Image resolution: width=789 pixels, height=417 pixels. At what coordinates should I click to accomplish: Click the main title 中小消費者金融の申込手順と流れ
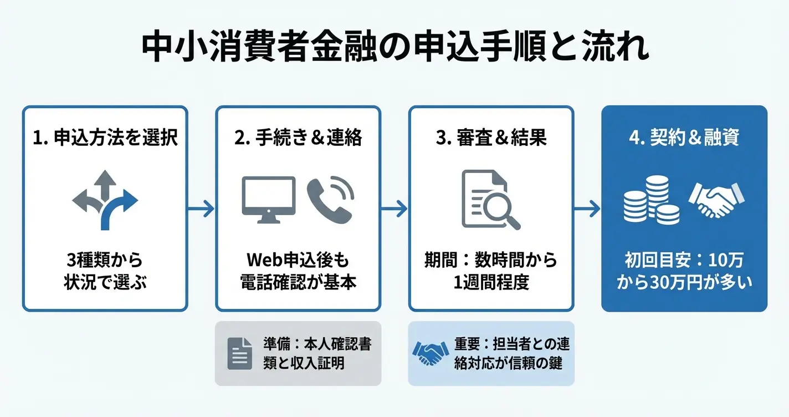pos(394,49)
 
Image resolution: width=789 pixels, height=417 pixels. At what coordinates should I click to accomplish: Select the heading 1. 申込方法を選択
pos(105,138)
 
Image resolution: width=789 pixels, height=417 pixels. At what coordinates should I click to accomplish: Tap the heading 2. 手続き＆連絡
pos(298,138)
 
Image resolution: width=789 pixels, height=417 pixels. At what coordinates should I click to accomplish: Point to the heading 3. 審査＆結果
pos(491,138)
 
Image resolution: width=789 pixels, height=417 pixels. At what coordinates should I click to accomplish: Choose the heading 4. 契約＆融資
pos(684,138)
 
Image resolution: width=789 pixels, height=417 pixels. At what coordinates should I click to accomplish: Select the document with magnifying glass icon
pos(490,200)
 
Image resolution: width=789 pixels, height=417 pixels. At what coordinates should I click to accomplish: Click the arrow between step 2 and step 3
pos(394,209)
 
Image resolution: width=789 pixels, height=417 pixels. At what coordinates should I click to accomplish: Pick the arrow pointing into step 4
pos(587,209)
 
